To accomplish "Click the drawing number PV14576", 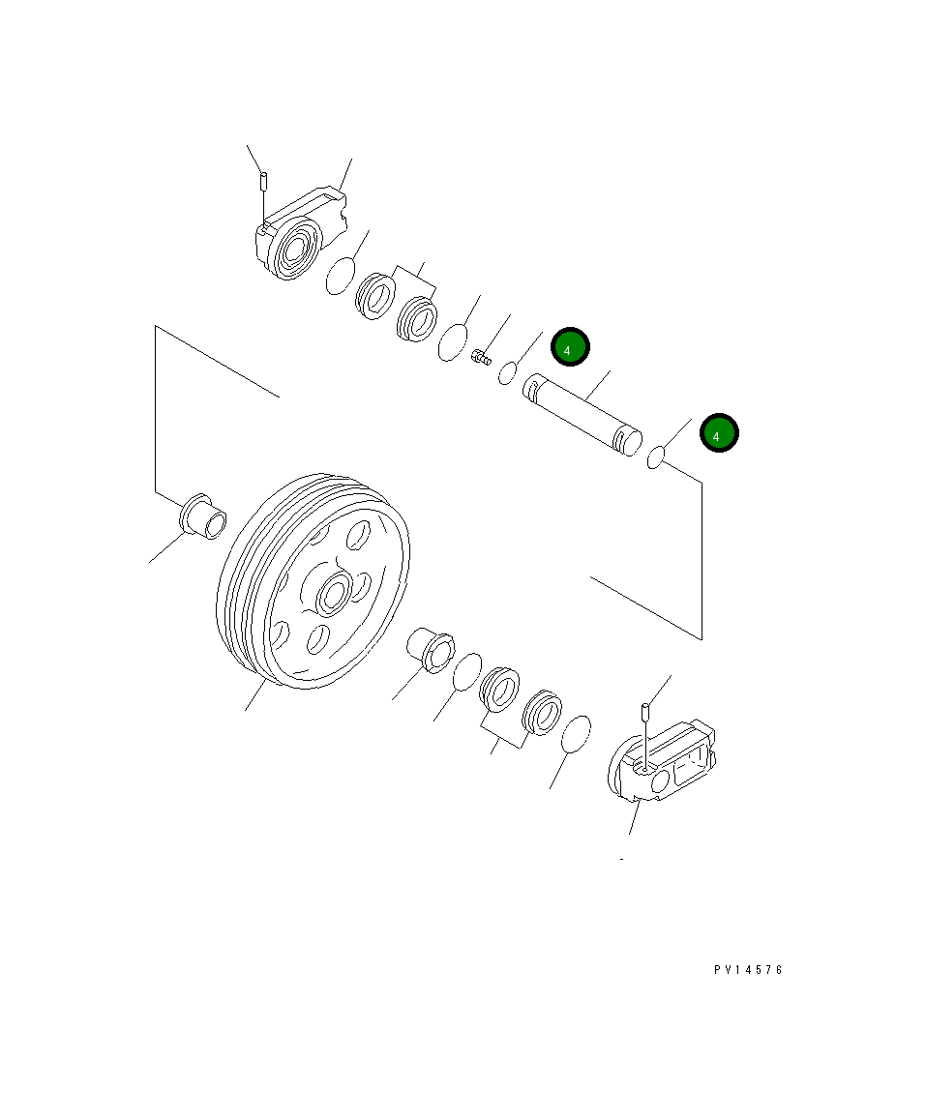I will click(748, 970).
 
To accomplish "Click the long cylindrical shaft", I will click(582, 416).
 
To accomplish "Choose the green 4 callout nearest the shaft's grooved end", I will click(719, 435).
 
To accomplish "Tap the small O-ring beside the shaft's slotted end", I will click(507, 371).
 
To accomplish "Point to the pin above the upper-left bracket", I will click(261, 182).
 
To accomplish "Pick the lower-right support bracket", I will click(666, 765).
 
